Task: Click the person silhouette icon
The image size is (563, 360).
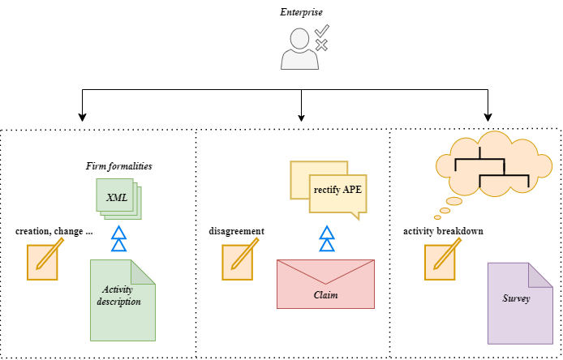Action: tap(298, 50)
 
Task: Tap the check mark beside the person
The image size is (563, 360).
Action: tap(322, 30)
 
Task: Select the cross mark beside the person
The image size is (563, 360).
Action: tap(321, 45)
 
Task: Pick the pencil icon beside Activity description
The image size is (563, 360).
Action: tap(44, 259)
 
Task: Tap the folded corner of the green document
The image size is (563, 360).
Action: tap(144, 271)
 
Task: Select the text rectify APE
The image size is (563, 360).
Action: tap(337, 191)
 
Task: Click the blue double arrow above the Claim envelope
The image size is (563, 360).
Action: tap(326, 239)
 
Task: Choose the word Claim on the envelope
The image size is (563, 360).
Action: tap(325, 294)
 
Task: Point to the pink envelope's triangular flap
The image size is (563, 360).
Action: tap(325, 271)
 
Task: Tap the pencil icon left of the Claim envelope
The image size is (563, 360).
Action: tap(239, 259)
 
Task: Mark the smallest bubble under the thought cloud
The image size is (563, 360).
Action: tap(438, 217)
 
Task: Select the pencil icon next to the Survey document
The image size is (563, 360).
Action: tap(441, 259)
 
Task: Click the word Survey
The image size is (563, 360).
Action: tap(516, 298)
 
